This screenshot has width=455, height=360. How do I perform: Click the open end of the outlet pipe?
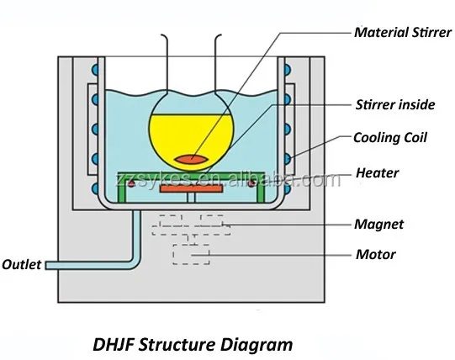[x=48, y=265]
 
